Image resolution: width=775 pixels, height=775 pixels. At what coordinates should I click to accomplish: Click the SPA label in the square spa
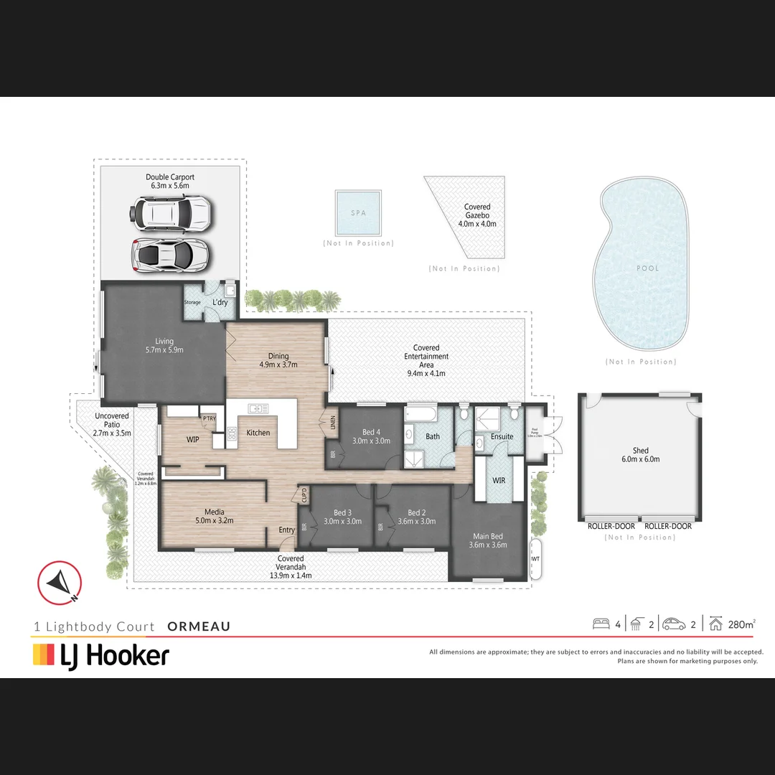coord(358,214)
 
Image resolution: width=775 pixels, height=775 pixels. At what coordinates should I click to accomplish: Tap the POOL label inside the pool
coord(647,268)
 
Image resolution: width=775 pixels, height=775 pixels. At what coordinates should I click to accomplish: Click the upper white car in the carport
coord(170,213)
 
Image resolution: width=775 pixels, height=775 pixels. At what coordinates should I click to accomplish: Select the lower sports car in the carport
coord(170,254)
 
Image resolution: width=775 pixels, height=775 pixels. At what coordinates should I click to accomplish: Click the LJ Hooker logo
coord(101,655)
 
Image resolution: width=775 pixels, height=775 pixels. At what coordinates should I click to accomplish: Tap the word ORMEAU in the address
coord(199,626)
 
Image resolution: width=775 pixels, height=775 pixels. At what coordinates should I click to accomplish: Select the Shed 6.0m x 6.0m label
coord(641,455)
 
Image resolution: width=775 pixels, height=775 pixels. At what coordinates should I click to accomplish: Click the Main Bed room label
coord(488,540)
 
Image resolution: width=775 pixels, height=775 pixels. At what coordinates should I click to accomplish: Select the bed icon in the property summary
coord(601,624)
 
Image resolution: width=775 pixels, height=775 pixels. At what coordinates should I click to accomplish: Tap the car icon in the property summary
coord(674,624)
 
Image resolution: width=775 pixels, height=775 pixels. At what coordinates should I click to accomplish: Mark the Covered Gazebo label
coord(477,215)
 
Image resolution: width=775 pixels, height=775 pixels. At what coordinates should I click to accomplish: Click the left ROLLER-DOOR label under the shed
coord(611,526)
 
